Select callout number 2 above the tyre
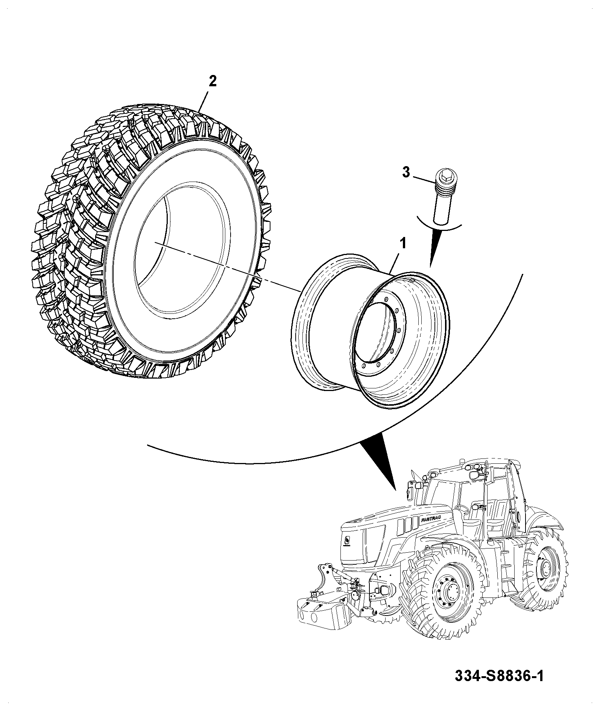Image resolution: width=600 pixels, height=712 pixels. [213, 81]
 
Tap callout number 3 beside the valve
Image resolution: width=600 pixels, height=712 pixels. [406, 173]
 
